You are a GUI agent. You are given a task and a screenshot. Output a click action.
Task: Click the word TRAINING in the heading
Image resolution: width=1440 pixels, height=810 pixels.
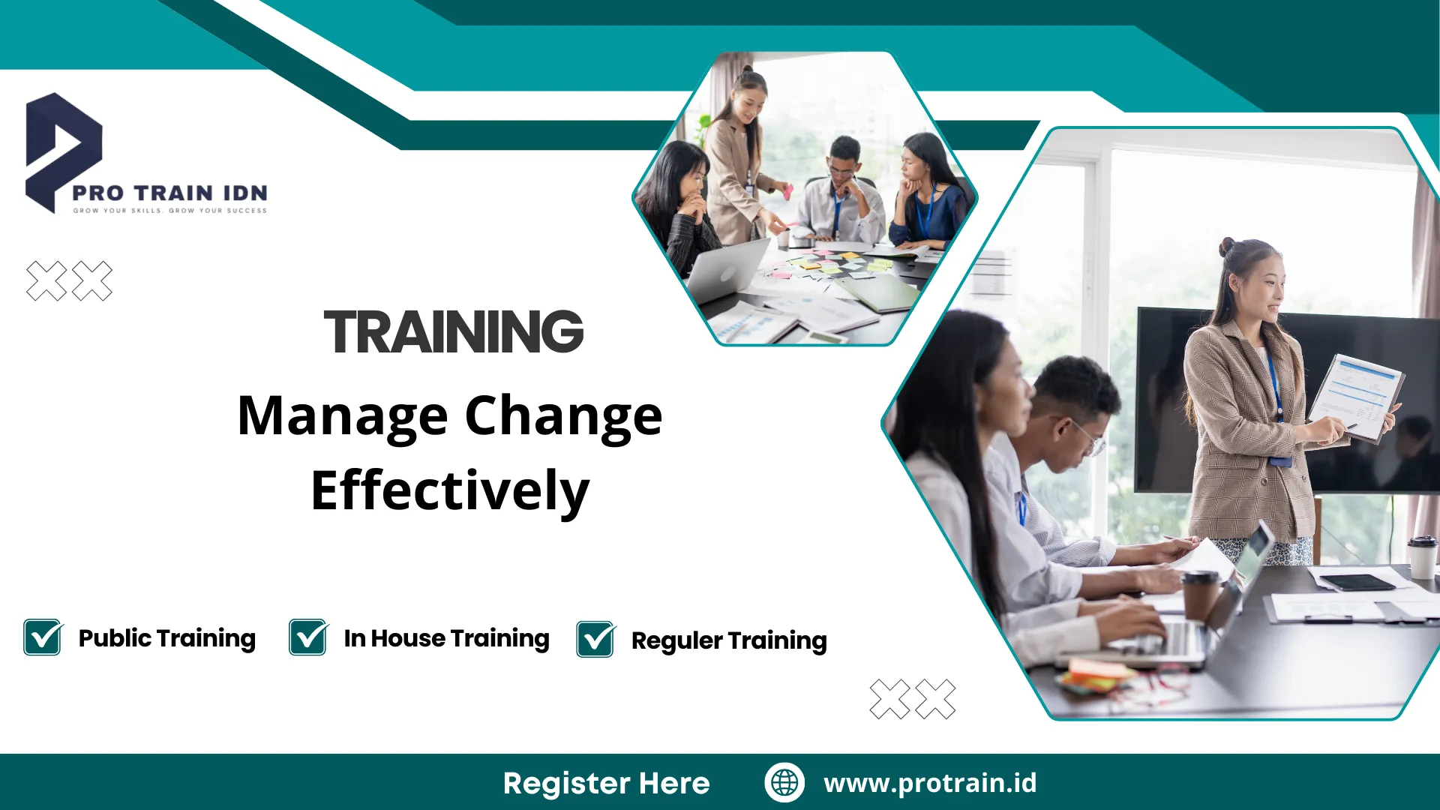[x=454, y=331]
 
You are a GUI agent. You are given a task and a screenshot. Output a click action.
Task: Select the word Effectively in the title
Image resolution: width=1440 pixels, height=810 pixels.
[x=450, y=491]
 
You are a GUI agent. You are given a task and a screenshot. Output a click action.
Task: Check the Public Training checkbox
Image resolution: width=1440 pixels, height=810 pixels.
[x=43, y=637]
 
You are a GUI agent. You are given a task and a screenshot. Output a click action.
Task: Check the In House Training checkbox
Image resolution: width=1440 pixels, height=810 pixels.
[x=308, y=637]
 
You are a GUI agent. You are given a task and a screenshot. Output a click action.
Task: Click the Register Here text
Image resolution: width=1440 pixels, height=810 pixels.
[x=606, y=783]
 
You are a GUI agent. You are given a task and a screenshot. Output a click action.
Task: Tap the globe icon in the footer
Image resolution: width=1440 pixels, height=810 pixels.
[x=784, y=782]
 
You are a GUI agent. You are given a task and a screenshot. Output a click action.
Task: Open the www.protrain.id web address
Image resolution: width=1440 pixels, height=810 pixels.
[x=930, y=783]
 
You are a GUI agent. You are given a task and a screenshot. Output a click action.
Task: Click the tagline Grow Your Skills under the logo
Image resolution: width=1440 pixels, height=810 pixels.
[x=117, y=211]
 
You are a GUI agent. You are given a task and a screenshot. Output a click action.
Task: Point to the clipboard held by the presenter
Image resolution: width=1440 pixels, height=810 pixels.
[x=1355, y=397]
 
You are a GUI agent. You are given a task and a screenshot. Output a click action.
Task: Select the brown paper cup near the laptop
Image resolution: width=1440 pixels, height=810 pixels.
[x=1201, y=596]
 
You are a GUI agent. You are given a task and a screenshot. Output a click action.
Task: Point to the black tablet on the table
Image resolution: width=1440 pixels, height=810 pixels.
[x=1357, y=582]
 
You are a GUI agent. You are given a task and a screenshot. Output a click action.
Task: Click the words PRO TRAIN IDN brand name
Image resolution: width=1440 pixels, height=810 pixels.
[x=169, y=193]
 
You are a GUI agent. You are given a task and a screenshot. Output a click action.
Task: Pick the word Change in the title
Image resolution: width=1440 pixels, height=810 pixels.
[x=564, y=417]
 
